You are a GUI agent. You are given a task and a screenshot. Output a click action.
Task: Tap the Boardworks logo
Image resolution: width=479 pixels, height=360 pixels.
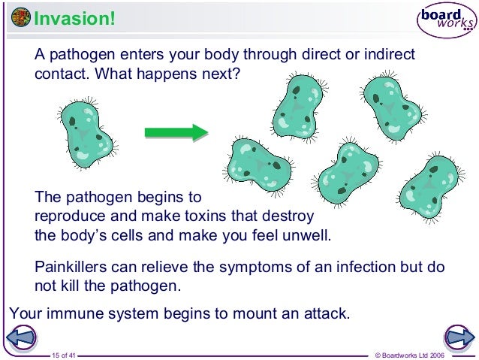tap(446, 21)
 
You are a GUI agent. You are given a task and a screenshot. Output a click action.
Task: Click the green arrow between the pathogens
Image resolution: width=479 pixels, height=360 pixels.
tap(176, 132)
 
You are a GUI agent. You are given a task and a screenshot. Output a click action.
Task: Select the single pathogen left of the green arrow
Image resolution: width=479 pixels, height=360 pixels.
tap(85, 133)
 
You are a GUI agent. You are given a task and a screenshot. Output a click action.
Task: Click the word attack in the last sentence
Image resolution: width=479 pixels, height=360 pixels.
tap(327, 313)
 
